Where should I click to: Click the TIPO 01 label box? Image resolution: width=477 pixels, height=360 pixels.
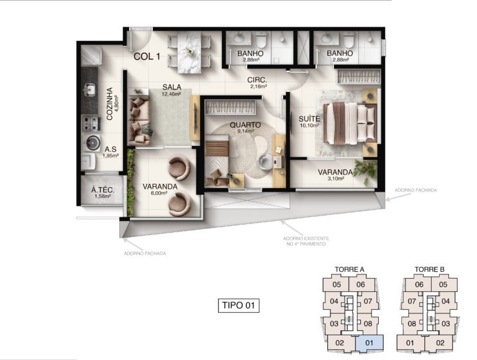pos(238,305)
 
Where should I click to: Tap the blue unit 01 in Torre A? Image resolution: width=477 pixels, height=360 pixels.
pos(370,343)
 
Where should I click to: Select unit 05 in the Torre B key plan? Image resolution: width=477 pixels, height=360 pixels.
pos(443,285)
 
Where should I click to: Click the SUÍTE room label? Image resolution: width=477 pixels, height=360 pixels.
pos(309,119)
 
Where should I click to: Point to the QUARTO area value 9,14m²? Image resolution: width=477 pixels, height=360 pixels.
pos(245,132)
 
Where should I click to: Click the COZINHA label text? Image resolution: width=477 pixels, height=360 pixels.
pos(109,104)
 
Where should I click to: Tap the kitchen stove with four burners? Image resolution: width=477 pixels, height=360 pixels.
pos(91,124)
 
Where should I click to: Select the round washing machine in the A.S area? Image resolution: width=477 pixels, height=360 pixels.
pos(92,142)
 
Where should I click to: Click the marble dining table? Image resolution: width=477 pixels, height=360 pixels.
pos(189,53)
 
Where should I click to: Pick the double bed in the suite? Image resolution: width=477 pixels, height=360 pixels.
pos(350,123)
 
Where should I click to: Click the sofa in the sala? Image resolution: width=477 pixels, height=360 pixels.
pos(139,120)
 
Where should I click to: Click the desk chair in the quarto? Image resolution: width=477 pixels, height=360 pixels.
pos(265,161)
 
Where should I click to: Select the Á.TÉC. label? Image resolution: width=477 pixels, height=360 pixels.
pos(103,191)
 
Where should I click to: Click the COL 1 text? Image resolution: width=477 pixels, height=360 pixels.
pos(147,56)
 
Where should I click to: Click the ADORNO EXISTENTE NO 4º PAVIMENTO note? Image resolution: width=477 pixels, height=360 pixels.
pos(306,241)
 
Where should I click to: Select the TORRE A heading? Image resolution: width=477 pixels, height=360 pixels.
pos(350,269)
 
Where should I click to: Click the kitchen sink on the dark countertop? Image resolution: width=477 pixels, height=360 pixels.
pos(90,89)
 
